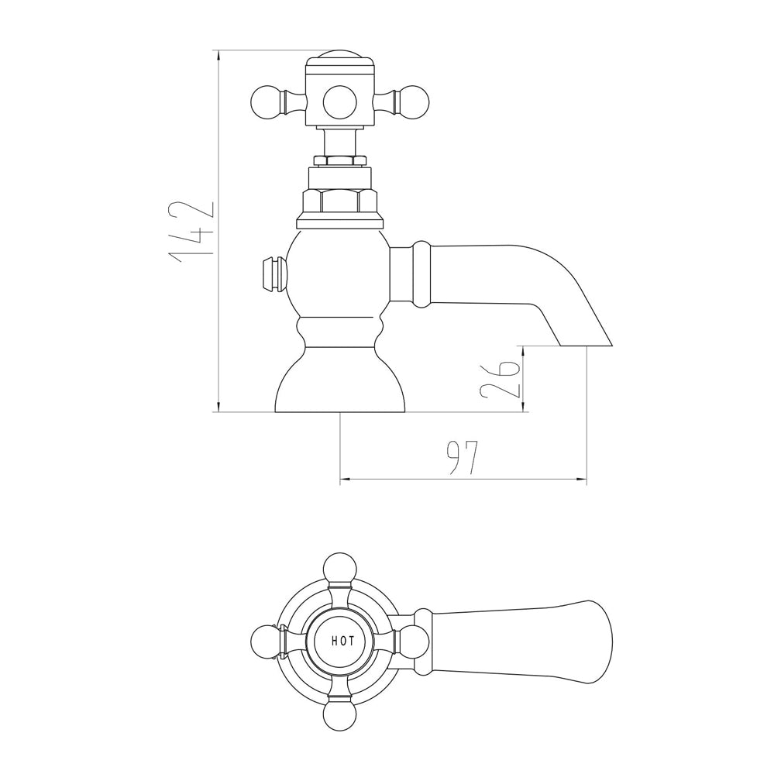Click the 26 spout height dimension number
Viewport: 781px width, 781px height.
(x=500, y=380)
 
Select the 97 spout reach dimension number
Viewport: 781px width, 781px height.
(x=463, y=457)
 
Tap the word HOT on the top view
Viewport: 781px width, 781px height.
(x=343, y=641)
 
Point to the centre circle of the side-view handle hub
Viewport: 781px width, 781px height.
(x=340, y=103)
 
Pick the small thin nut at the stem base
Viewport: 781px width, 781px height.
(x=341, y=160)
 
